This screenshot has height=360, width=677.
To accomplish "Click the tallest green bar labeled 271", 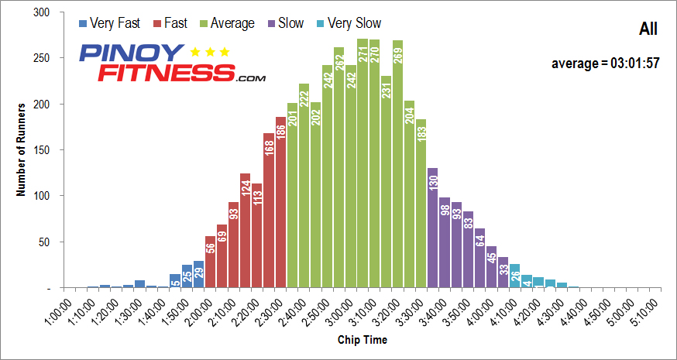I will click(363, 163).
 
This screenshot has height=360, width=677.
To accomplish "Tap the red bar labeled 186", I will click(280, 202).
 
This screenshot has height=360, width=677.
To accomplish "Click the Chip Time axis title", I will click(362, 340).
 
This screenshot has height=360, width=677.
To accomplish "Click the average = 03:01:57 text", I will click(605, 63).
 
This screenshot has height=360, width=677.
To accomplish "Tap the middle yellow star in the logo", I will click(209, 53).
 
